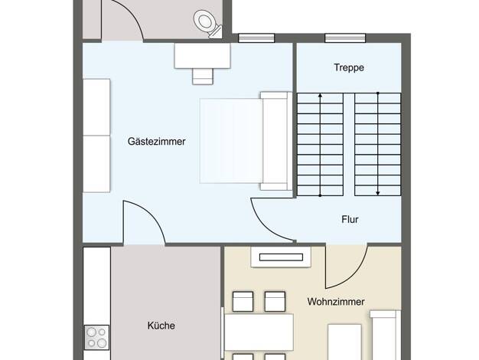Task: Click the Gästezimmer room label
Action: pyautogui.click(x=156, y=142)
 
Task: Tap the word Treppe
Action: pyautogui.click(x=349, y=67)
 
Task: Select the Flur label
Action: pyautogui.click(x=350, y=219)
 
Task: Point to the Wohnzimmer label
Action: pyautogui.click(x=336, y=302)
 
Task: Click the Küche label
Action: pyautogui.click(x=161, y=326)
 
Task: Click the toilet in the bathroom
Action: pyautogui.click(x=207, y=24)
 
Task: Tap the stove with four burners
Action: pyautogui.click(x=97, y=337)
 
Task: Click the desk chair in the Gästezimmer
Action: pyautogui.click(x=203, y=76)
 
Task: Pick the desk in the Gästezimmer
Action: pyautogui.click(x=202, y=56)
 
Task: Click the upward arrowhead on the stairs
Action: pyautogui.click(x=320, y=96)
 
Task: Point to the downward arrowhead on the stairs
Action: pyautogui.click(x=378, y=193)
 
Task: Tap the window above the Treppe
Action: pyautogui.click(x=345, y=38)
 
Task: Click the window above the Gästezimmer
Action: pyautogui.click(x=256, y=38)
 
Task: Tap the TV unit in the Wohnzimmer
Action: pyautogui.click(x=281, y=257)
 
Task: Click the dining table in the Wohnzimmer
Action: pyautogui.click(x=259, y=332)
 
